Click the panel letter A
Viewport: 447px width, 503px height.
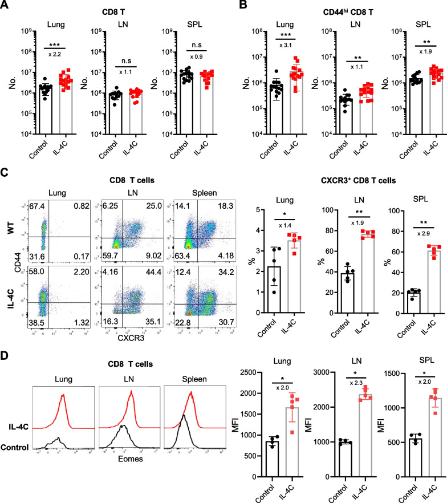[x=5, y=6]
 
